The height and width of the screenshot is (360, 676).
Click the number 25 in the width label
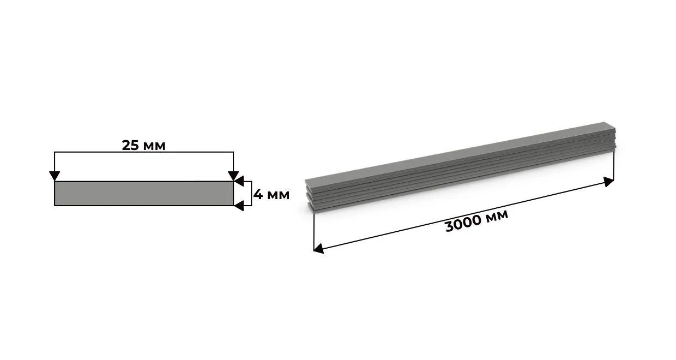(x=130, y=145)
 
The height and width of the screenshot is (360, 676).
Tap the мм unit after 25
(x=154, y=147)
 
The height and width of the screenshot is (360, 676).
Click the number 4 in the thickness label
(x=258, y=195)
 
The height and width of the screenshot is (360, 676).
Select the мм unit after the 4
(x=278, y=196)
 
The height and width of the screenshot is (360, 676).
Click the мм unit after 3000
(x=497, y=215)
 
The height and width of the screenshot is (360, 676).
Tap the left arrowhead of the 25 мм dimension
(x=55, y=176)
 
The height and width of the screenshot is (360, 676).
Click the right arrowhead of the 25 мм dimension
(x=233, y=176)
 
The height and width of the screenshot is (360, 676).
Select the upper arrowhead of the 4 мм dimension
(x=239, y=181)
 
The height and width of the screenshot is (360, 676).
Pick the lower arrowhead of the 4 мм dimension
(x=239, y=206)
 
